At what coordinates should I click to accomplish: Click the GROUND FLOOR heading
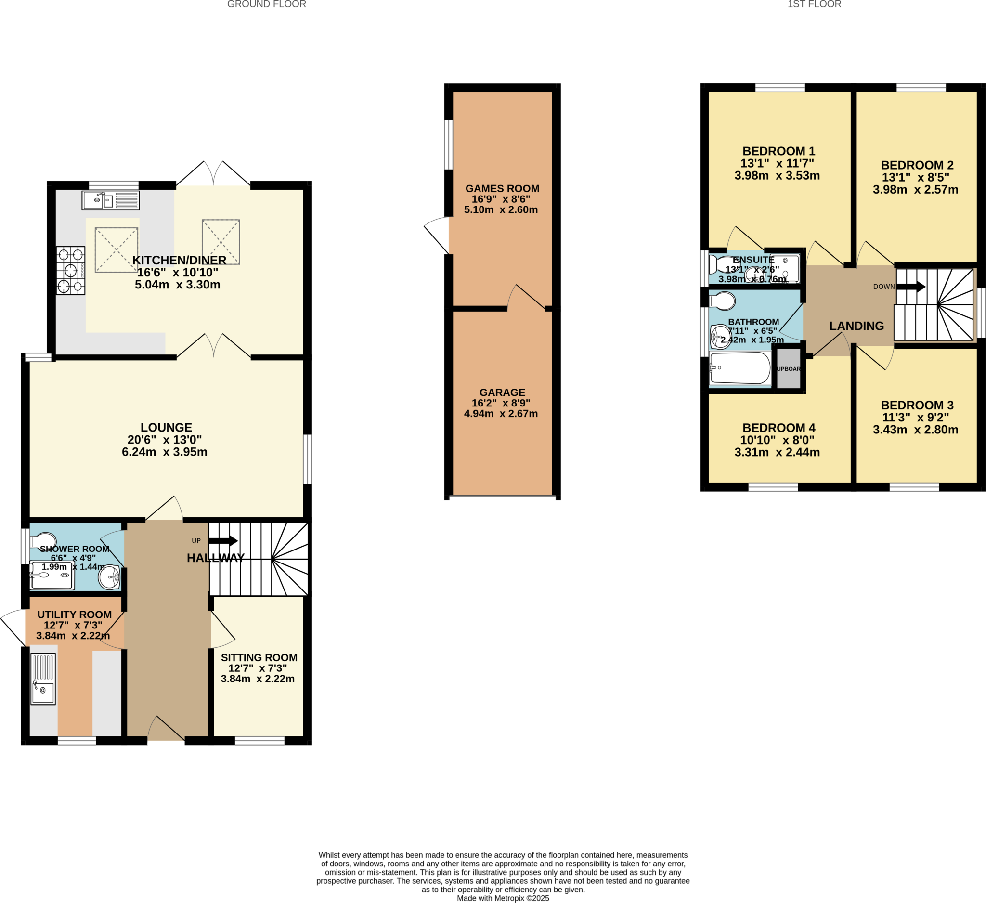(267, 4)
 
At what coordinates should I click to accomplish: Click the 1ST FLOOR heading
(814, 4)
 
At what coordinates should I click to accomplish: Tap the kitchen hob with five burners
(70, 270)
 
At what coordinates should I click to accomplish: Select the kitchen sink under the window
(111, 200)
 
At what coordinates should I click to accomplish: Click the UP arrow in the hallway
(223, 540)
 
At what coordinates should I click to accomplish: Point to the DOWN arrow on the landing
(911, 287)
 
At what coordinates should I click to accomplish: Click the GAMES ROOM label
(502, 188)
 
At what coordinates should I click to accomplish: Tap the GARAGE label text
(502, 393)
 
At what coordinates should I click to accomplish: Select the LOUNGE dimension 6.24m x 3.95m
(164, 452)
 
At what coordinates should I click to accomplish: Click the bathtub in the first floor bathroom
(740, 368)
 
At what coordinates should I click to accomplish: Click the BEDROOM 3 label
(917, 405)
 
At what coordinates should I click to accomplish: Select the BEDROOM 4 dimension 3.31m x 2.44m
(777, 453)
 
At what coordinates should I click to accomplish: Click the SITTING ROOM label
(259, 657)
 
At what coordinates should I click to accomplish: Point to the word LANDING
(856, 326)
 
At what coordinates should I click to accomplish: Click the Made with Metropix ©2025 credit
(503, 898)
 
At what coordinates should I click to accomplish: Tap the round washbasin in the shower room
(109, 578)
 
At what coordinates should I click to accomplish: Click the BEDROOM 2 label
(917, 165)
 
